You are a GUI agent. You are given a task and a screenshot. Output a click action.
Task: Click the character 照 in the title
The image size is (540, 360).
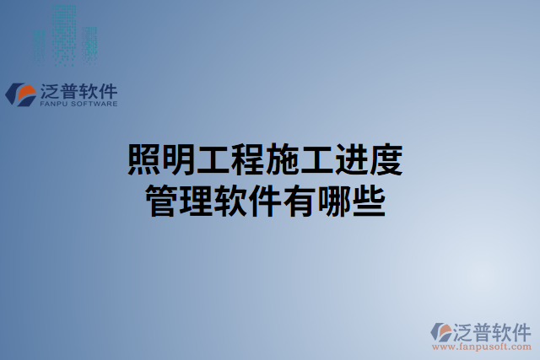[145, 160]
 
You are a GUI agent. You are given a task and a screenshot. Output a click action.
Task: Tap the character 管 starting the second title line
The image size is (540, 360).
[165, 202]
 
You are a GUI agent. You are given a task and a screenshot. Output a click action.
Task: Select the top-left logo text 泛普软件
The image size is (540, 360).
[78, 91]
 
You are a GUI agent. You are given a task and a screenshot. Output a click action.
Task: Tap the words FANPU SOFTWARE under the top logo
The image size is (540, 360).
[78, 105]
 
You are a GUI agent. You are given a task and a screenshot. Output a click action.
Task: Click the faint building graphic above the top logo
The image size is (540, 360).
[66, 34]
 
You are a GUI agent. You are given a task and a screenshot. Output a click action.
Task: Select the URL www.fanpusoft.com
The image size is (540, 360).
[481, 346]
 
